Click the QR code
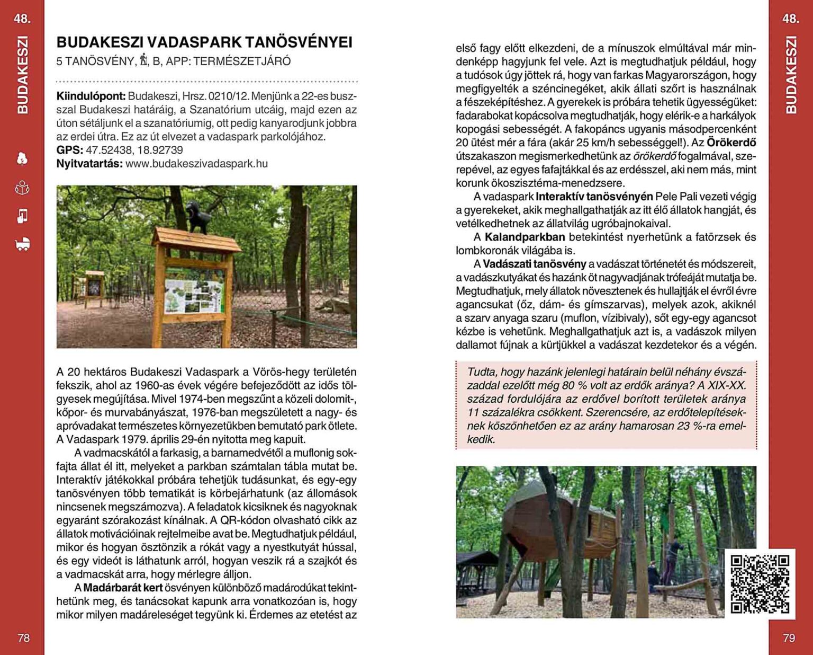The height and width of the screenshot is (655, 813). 760,584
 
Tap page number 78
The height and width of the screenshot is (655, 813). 24,638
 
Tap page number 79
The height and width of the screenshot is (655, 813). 789,638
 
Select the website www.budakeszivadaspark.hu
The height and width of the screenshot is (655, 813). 196,164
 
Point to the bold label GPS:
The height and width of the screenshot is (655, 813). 70,151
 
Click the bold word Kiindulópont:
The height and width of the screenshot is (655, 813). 91,96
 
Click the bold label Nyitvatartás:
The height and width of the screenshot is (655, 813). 89,164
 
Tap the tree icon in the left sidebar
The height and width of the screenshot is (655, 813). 22,159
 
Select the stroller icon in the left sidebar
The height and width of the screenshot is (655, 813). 23,244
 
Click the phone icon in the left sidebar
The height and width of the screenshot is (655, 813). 22,216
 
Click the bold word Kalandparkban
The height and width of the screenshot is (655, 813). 525,237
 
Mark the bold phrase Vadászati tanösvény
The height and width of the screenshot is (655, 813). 535,264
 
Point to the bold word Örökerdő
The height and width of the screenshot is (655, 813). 731,143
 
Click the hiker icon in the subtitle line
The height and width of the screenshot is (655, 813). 143,61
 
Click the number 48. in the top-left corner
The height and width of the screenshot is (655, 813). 22,19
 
